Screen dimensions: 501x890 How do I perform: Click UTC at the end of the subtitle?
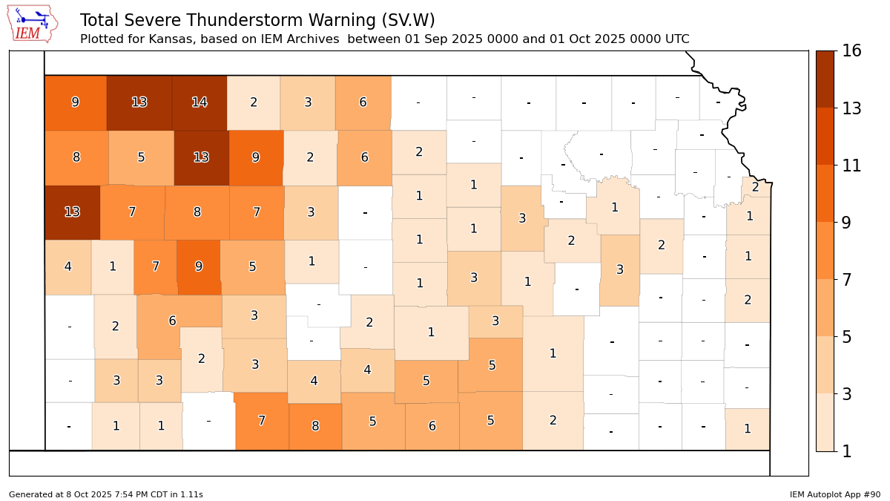(676, 39)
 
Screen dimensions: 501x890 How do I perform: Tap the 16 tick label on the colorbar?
(851, 51)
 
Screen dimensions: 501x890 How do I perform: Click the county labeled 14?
(199, 102)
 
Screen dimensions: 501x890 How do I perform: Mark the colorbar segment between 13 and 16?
(825, 79)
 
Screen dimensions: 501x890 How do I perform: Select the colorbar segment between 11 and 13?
(825, 137)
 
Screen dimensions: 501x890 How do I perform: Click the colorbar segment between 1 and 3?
(825, 422)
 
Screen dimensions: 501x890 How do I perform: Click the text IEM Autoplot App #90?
(835, 494)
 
